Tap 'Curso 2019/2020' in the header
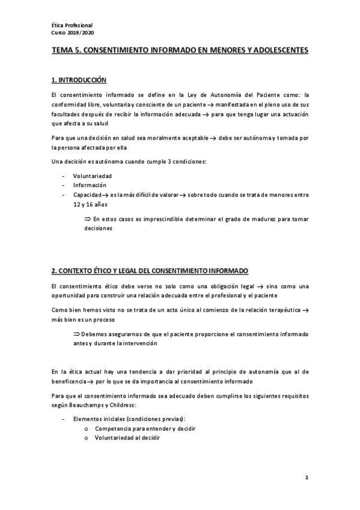pyautogui.click(x=72, y=32)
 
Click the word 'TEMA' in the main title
pyautogui.click(x=63, y=51)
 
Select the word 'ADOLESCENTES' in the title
pyautogui.click(x=278, y=51)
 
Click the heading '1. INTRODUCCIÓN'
pyautogui.click(x=78, y=80)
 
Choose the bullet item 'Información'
pyautogui.click(x=90, y=185)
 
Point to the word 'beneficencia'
pyautogui.click(x=68, y=381)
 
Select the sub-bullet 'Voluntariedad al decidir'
pyautogui.click(x=127, y=438)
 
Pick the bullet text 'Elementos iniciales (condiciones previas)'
pyautogui.click(x=129, y=419)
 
